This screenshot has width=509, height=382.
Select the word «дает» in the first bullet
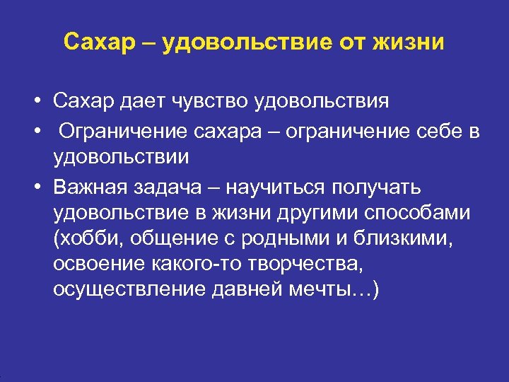(141, 101)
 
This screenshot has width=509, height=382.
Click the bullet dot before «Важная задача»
(35, 187)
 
